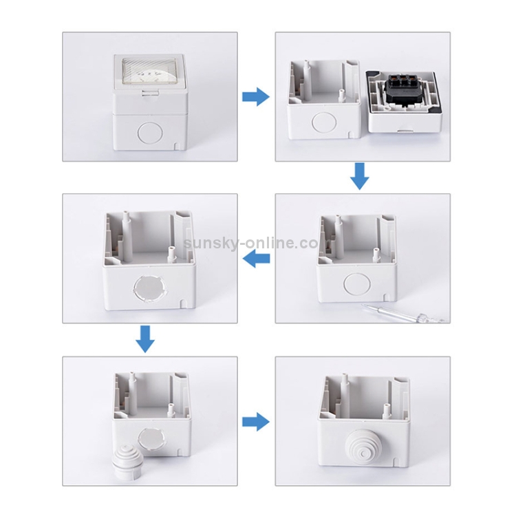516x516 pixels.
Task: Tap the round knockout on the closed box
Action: tap(150, 132)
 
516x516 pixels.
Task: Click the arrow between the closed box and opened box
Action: tap(256, 97)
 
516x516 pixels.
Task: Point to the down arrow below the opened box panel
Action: tap(359, 176)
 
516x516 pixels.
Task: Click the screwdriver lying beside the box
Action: tap(404, 313)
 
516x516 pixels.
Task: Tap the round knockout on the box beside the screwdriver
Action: tap(357, 283)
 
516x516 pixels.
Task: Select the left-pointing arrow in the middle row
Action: tap(256, 258)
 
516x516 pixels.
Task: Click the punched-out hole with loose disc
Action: tap(150, 289)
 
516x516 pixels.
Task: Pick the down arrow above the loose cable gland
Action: tap(145, 339)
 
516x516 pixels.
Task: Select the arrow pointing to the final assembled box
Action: tap(256, 422)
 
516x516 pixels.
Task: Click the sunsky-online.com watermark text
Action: tap(250, 243)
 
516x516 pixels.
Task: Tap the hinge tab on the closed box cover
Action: tap(150, 94)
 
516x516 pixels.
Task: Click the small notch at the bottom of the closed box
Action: tap(177, 145)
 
